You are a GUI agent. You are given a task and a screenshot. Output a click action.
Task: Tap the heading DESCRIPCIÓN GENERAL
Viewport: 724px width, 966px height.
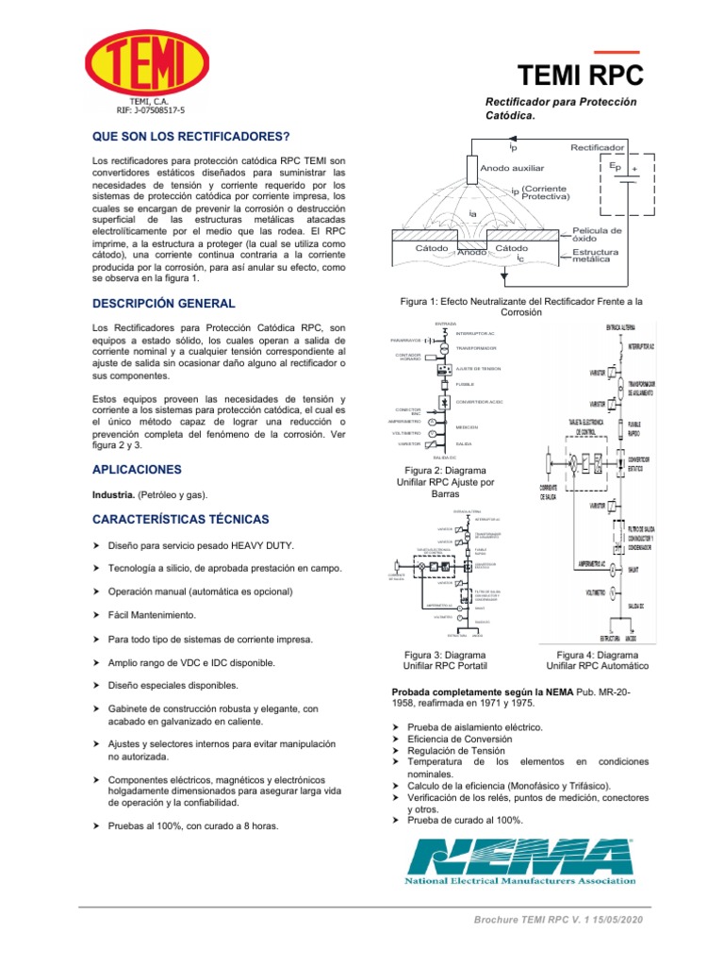162,304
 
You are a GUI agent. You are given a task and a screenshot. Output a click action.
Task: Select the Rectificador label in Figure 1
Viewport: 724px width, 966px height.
597,148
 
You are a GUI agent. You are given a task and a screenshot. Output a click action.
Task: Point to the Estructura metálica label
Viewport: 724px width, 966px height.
596,256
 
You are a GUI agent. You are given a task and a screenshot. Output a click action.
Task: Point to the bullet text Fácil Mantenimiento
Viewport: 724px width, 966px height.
152,615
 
